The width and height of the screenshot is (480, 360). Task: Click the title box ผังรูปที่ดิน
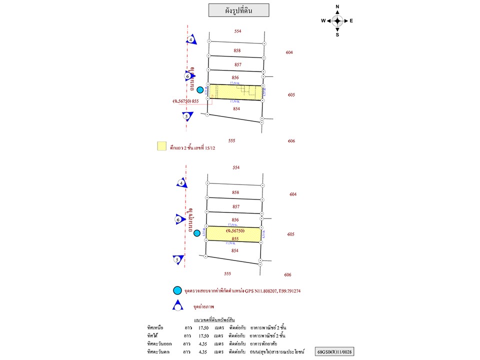pos(238,10)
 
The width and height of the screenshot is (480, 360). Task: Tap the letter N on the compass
pos(337,6)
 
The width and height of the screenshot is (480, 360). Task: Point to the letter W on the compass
pos(323,20)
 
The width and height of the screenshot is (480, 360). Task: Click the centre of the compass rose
pos(337,20)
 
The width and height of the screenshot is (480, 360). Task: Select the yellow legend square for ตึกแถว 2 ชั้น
pos(161,146)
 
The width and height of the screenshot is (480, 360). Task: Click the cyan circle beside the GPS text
pos(177,290)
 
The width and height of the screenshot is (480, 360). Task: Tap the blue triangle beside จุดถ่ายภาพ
pos(177,306)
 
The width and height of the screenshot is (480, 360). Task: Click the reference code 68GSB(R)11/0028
pos(334,352)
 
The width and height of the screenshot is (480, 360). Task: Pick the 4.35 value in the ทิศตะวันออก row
pos(203,343)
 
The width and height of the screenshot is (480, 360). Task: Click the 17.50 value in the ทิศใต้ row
pos(203,335)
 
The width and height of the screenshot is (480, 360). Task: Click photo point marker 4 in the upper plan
pos(190,39)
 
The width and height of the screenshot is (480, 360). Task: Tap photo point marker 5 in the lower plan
pos(176,259)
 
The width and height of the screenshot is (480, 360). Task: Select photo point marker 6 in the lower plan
pos(178,219)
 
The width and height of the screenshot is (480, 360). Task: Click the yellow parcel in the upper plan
pos(235,92)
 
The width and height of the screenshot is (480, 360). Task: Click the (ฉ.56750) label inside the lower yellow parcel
pos(234,231)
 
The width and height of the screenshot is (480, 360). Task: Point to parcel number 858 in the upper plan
pos(237,50)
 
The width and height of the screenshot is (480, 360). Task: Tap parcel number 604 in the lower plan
pos(293,194)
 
